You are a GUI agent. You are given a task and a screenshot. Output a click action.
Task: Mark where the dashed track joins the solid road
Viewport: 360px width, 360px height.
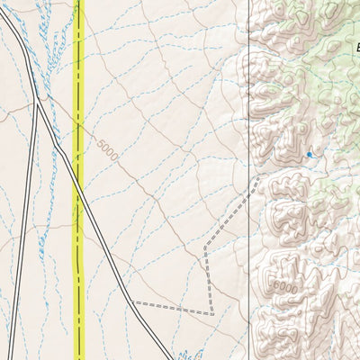(134, 302)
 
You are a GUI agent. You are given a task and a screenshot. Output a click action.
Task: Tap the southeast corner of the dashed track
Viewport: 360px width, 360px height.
(212, 313)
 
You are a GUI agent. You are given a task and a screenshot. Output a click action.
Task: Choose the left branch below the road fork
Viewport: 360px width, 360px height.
(23, 225)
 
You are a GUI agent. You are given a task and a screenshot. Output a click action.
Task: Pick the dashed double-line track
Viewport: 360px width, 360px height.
(206, 270)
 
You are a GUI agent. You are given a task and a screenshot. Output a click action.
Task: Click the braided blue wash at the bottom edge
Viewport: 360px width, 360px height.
(184, 354)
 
